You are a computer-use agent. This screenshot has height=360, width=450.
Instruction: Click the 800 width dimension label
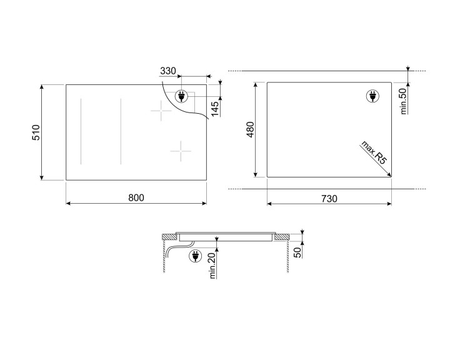coord(136,197)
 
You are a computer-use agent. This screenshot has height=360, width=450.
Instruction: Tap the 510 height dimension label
coord(36,132)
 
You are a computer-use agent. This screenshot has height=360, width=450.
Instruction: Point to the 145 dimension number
coord(214,108)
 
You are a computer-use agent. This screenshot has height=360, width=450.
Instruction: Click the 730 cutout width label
coord(329,199)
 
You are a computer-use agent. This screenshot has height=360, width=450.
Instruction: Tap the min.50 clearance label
coord(403,99)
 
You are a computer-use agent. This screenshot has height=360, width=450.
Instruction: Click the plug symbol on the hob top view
coord(182,96)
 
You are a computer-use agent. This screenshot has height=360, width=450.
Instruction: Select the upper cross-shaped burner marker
coord(161,112)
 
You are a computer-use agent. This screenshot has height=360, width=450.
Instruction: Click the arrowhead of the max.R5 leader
coord(388,176)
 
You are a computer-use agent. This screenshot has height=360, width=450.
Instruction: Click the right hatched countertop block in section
coord(282,237)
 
